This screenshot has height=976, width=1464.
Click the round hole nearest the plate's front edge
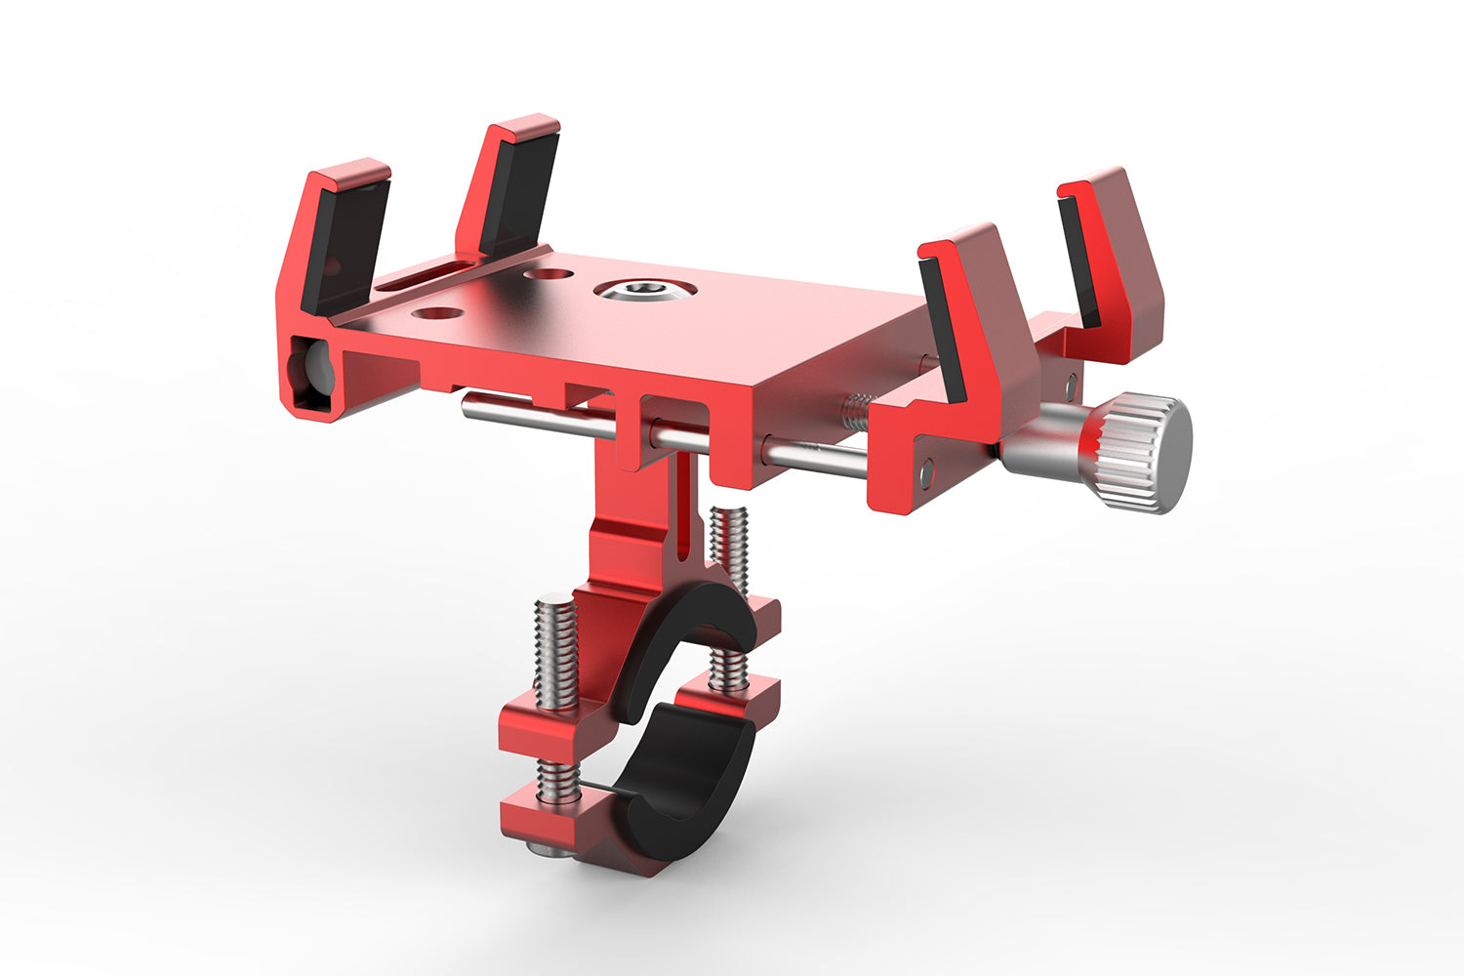438,312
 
